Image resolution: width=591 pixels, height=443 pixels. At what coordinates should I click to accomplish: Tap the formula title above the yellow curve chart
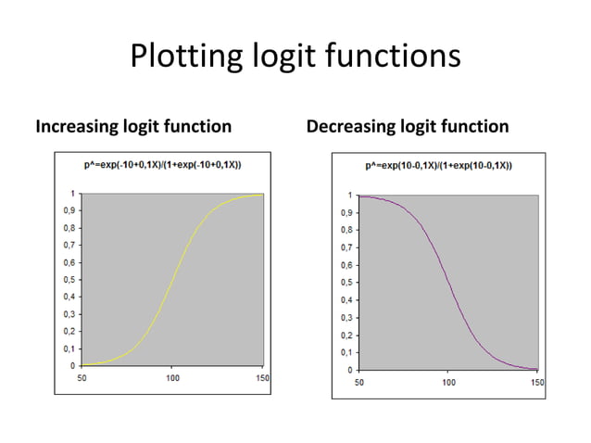tap(163, 164)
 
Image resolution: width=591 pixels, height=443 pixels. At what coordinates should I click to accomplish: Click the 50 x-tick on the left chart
tap(82, 378)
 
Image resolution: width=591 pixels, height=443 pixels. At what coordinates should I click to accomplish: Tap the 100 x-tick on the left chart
tap(173, 378)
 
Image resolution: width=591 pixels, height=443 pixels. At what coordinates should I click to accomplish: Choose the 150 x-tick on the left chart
tap(263, 378)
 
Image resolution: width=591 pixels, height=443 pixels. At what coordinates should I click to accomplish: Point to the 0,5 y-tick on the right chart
tap(346, 283)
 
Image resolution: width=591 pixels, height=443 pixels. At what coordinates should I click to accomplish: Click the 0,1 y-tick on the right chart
tap(346, 352)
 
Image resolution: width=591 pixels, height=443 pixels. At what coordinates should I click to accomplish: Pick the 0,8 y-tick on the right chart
tap(346, 231)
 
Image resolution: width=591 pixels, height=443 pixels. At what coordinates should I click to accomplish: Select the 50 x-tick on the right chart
tap(358, 382)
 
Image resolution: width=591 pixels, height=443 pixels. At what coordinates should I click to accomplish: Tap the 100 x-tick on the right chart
tap(448, 382)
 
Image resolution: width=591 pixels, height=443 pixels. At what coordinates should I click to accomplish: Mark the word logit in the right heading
tap(421, 126)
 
